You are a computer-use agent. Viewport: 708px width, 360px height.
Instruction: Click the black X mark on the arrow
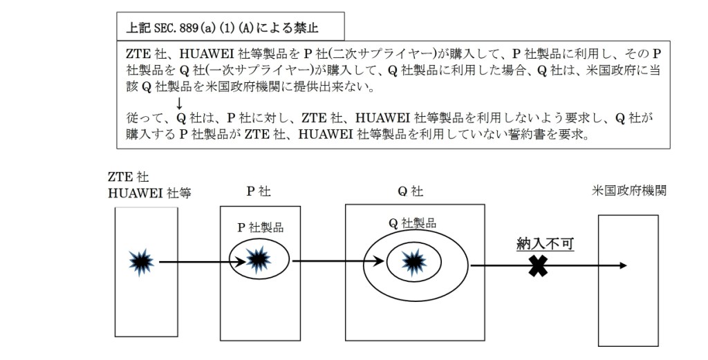point(537,266)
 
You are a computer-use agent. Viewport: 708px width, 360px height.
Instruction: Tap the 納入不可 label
point(546,243)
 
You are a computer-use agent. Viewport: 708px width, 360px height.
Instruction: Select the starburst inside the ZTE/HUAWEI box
point(141,261)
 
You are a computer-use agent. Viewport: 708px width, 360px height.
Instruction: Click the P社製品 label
point(260,228)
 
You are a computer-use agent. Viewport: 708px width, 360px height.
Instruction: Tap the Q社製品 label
point(413,222)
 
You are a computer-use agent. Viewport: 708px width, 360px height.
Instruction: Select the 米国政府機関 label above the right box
point(630,191)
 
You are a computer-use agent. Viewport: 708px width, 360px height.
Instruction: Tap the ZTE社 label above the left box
point(129,178)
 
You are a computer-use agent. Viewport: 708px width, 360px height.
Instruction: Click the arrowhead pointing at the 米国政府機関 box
point(624,265)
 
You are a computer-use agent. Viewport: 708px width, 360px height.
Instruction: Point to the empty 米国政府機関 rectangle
point(628,280)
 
